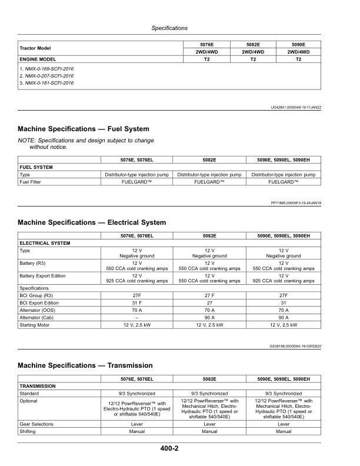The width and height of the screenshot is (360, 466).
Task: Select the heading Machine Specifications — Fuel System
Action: tap(84, 129)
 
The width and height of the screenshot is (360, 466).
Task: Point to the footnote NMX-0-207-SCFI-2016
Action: tap(46, 76)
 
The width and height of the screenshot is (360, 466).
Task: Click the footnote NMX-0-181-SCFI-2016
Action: tap(46, 83)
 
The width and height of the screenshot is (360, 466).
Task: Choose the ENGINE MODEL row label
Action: tap(38, 59)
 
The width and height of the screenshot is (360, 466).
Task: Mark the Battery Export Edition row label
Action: tap(43, 275)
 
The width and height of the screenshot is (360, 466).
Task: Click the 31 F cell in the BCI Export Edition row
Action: tap(136, 302)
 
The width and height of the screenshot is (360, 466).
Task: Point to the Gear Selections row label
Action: tap(36, 424)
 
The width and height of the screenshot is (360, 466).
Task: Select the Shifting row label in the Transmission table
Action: tap(29, 431)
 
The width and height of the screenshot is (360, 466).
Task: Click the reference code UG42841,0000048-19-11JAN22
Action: tap(288, 106)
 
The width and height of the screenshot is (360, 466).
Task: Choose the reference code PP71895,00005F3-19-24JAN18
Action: tap(288, 203)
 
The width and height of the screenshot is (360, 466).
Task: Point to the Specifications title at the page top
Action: tap(169, 28)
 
